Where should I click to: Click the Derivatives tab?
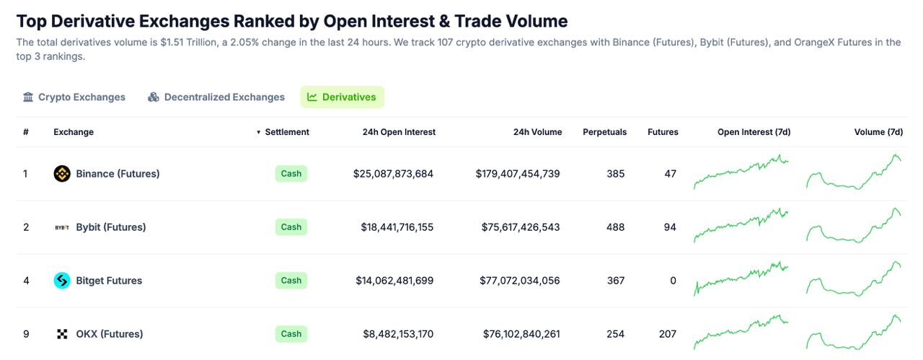point(342,97)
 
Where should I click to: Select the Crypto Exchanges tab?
point(74,97)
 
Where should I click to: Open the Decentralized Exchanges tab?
point(216,97)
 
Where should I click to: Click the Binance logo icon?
point(62,174)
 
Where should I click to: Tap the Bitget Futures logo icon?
point(62,281)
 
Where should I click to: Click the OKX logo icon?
point(62,334)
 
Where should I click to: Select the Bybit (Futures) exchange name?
point(110,227)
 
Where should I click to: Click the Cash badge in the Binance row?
point(291,174)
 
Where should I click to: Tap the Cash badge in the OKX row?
point(291,334)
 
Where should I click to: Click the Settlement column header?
point(286,132)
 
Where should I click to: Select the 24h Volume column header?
point(537,132)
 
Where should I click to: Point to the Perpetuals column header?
point(604,132)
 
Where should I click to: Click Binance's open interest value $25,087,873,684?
point(393,174)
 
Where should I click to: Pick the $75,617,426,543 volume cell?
point(521,227)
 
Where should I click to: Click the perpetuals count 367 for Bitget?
point(616,281)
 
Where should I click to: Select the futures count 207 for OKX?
point(667,334)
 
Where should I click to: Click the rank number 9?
point(26,334)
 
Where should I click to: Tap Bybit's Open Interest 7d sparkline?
point(741,226)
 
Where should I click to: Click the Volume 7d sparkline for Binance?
point(854,173)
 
